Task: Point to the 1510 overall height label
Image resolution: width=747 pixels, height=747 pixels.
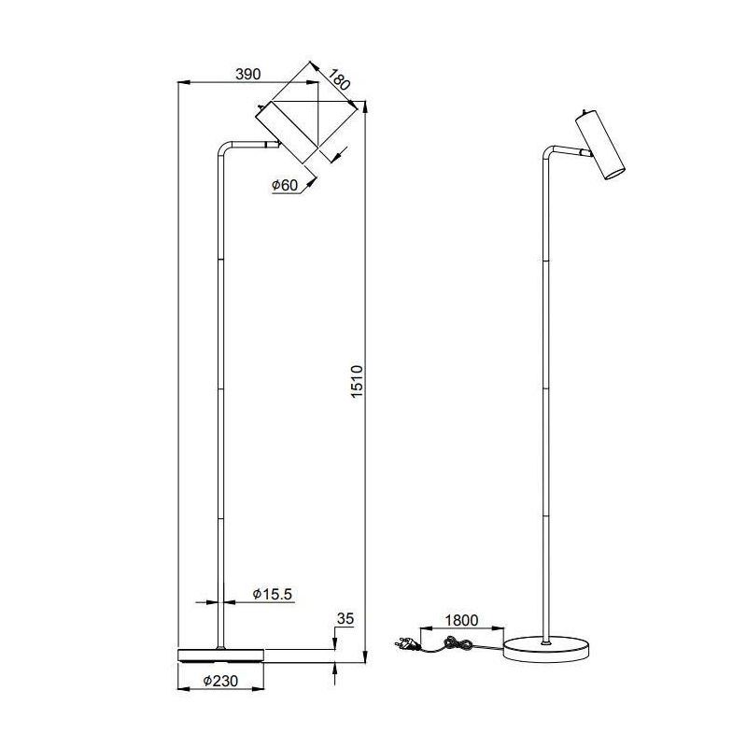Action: [356, 382]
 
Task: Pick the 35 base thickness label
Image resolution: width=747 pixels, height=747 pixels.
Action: [345, 618]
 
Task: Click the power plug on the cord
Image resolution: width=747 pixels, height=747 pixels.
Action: [408, 641]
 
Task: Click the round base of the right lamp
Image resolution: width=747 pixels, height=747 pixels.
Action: [546, 647]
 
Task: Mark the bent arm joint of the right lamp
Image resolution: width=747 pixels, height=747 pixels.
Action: [548, 154]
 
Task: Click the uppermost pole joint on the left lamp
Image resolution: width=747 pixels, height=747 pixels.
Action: [219, 259]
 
